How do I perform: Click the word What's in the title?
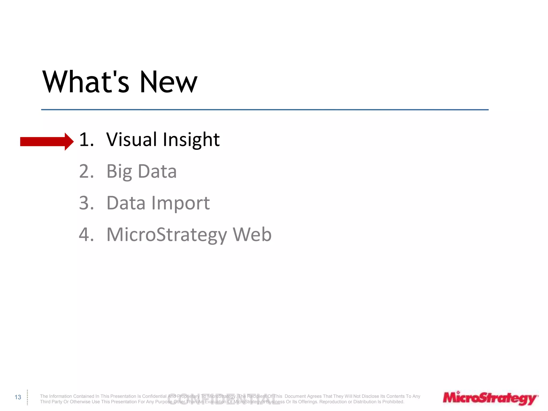click(x=86, y=82)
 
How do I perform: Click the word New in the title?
click(x=169, y=82)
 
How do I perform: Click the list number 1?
click(x=86, y=140)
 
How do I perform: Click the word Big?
click(x=119, y=172)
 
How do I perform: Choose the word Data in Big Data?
click(x=157, y=171)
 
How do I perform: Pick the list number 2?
click(x=86, y=171)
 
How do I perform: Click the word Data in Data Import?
click(x=126, y=203)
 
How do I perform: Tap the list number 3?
click(x=86, y=203)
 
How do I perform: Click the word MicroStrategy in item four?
click(x=166, y=235)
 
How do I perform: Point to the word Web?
click(x=252, y=234)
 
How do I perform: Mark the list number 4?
click(x=86, y=234)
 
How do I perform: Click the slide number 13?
click(x=18, y=397)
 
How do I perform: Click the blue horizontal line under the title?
click(x=265, y=110)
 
